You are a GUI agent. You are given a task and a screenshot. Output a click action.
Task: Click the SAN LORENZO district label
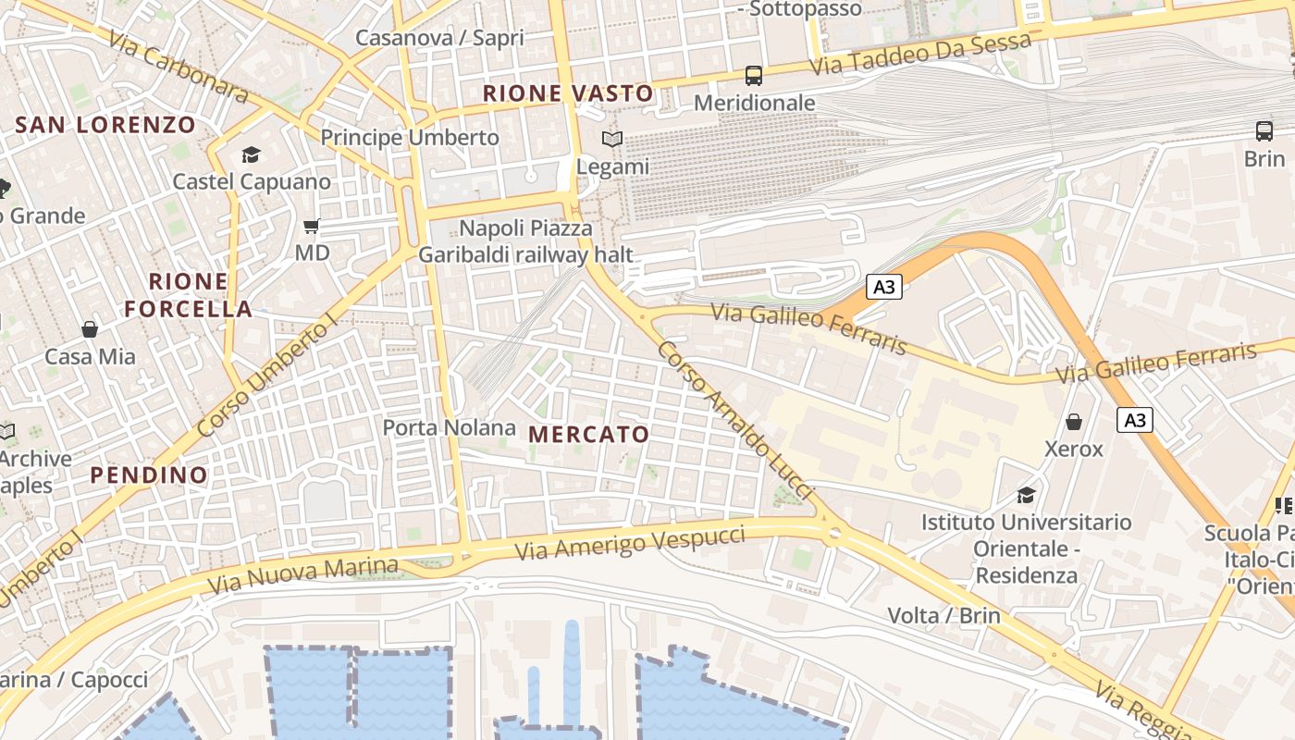point(105,125)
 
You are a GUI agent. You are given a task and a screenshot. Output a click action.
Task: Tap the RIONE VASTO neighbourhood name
point(568,93)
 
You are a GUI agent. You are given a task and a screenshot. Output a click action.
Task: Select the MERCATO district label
point(588,434)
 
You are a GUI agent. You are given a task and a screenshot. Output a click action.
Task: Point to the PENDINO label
point(149,475)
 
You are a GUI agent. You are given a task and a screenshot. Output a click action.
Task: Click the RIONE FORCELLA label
point(189,295)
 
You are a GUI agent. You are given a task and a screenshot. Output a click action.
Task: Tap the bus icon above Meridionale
point(754,75)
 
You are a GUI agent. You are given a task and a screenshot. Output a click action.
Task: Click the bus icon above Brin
point(1264,131)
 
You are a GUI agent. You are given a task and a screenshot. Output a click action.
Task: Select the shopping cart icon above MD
point(312,226)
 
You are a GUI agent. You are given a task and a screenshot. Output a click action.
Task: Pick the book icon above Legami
point(612,140)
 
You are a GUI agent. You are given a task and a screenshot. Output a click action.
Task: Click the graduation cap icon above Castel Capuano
point(251,154)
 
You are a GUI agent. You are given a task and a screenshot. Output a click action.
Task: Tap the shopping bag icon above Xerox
point(1074,422)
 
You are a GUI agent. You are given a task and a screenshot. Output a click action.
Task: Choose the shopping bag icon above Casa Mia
point(90,329)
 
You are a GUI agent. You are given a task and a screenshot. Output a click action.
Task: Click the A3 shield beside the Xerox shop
point(1134,420)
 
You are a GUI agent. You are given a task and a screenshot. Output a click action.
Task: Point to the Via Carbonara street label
point(178,68)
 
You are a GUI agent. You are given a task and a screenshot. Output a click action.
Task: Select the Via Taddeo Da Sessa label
point(919,55)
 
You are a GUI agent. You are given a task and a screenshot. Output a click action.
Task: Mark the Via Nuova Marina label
point(303,575)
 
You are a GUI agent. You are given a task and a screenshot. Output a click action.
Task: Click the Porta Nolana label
point(449,427)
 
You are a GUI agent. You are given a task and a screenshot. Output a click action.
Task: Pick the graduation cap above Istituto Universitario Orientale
point(1025,496)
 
